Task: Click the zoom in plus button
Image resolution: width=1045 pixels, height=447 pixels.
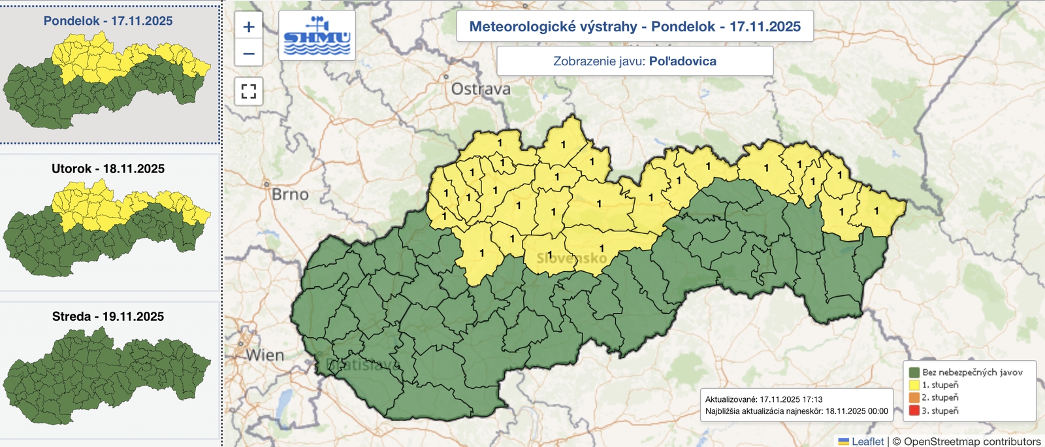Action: pyautogui.click(x=248, y=27)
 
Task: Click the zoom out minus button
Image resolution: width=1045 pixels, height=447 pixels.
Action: pyautogui.click(x=248, y=53)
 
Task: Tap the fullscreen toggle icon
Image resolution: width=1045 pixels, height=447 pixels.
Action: pyautogui.click(x=248, y=91)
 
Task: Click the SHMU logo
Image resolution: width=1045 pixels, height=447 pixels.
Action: pyautogui.click(x=317, y=36)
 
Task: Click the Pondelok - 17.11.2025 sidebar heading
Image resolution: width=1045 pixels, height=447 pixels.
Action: pyautogui.click(x=108, y=21)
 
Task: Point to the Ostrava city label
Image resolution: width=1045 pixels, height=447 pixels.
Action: pyautogui.click(x=481, y=89)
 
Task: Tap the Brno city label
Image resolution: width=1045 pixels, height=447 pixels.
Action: pyautogui.click(x=290, y=194)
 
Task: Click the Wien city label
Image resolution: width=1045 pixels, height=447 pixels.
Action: pyautogui.click(x=265, y=356)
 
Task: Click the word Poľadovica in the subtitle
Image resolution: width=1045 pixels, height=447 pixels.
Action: pyautogui.click(x=683, y=61)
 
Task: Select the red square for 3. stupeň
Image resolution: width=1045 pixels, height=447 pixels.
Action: pyautogui.click(x=914, y=410)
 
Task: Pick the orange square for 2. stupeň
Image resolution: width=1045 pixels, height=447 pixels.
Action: pyautogui.click(x=914, y=397)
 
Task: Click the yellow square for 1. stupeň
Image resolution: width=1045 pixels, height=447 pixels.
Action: pyautogui.click(x=914, y=385)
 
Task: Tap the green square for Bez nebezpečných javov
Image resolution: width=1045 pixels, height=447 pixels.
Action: pyautogui.click(x=914, y=372)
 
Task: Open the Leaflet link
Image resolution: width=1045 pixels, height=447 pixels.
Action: pyautogui.click(x=867, y=441)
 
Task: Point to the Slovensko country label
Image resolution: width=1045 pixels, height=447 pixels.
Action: pyautogui.click(x=571, y=258)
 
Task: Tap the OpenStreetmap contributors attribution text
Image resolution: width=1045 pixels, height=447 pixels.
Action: pyautogui.click(x=972, y=441)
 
